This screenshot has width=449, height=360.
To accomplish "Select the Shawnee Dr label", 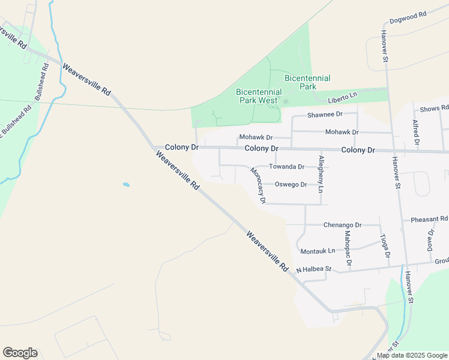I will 324,114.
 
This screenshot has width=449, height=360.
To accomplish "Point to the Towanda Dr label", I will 286,166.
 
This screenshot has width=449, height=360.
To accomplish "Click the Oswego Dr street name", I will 291,184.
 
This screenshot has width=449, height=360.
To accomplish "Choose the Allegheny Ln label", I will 321,173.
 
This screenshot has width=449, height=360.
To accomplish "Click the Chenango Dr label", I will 342,225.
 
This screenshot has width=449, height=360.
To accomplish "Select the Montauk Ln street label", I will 318,251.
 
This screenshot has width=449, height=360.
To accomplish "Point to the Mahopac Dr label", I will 348,247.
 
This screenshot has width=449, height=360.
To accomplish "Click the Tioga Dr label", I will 385,247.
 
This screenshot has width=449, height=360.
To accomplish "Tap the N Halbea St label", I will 313,270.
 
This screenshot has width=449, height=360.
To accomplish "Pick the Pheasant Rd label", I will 429,220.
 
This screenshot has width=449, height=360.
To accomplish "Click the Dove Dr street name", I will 430,240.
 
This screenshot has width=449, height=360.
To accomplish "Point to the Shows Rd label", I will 434,109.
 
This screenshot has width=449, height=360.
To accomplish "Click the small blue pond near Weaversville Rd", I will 126,184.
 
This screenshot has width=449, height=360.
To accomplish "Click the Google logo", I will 20,353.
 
